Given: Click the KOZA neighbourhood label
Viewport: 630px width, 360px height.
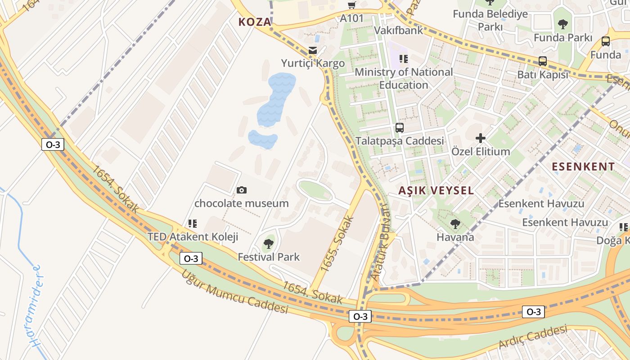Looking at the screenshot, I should pos(255,22).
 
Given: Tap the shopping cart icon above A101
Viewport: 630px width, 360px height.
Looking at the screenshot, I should pos(352,5).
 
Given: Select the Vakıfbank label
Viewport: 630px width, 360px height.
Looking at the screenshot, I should pos(399,30).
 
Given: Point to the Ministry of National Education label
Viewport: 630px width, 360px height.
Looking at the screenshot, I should pos(404,78).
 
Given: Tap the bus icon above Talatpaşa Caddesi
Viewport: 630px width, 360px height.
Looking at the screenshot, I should pos(399,127).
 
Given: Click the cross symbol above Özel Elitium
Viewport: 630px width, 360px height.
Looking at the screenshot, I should pos(481,138).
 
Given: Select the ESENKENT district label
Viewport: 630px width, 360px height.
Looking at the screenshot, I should pos(583,166).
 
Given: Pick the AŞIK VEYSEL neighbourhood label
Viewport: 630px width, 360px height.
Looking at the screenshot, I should pos(436,190).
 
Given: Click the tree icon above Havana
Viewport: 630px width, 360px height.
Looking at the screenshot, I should pos(455,223).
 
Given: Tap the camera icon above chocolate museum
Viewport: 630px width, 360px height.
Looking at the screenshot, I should pos(242,190).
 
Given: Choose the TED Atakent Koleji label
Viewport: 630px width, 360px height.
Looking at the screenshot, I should pos(193,237).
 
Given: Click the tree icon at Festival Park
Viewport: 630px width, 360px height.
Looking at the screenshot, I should pos(269,244).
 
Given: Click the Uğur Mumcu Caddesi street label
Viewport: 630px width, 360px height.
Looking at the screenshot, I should pos(234,292).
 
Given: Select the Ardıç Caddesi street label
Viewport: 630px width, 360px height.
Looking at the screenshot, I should pos(533,337).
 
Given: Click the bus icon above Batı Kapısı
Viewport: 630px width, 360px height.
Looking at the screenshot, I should pos(543,61).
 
